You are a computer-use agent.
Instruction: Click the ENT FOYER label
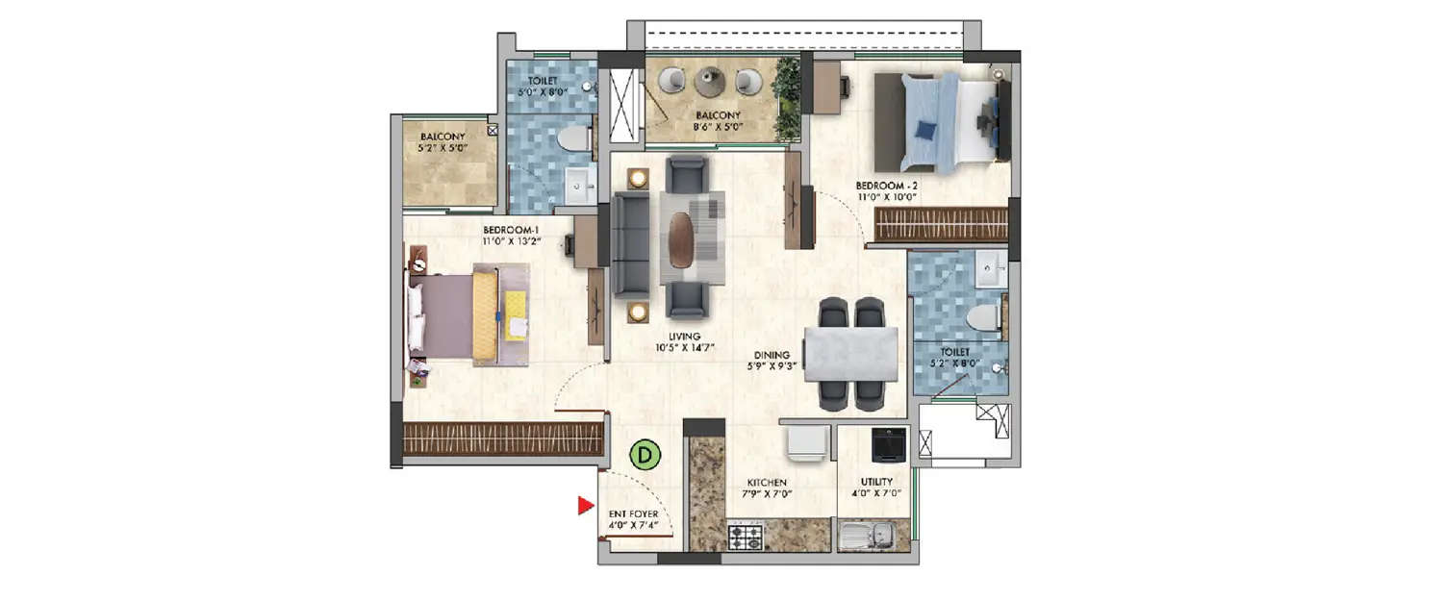coord(633,520)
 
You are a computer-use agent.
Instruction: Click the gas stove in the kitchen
coord(745,537)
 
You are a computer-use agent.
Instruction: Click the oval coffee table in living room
coord(681,238)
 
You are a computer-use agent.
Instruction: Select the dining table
coord(850,354)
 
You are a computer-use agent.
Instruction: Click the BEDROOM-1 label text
coord(512,236)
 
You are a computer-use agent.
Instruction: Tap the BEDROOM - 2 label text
coord(887,190)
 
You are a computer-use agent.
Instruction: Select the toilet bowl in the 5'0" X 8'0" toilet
coord(575,138)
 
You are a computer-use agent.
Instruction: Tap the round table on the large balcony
coord(710,82)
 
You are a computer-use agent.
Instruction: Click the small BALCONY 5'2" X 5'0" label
coord(442,142)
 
